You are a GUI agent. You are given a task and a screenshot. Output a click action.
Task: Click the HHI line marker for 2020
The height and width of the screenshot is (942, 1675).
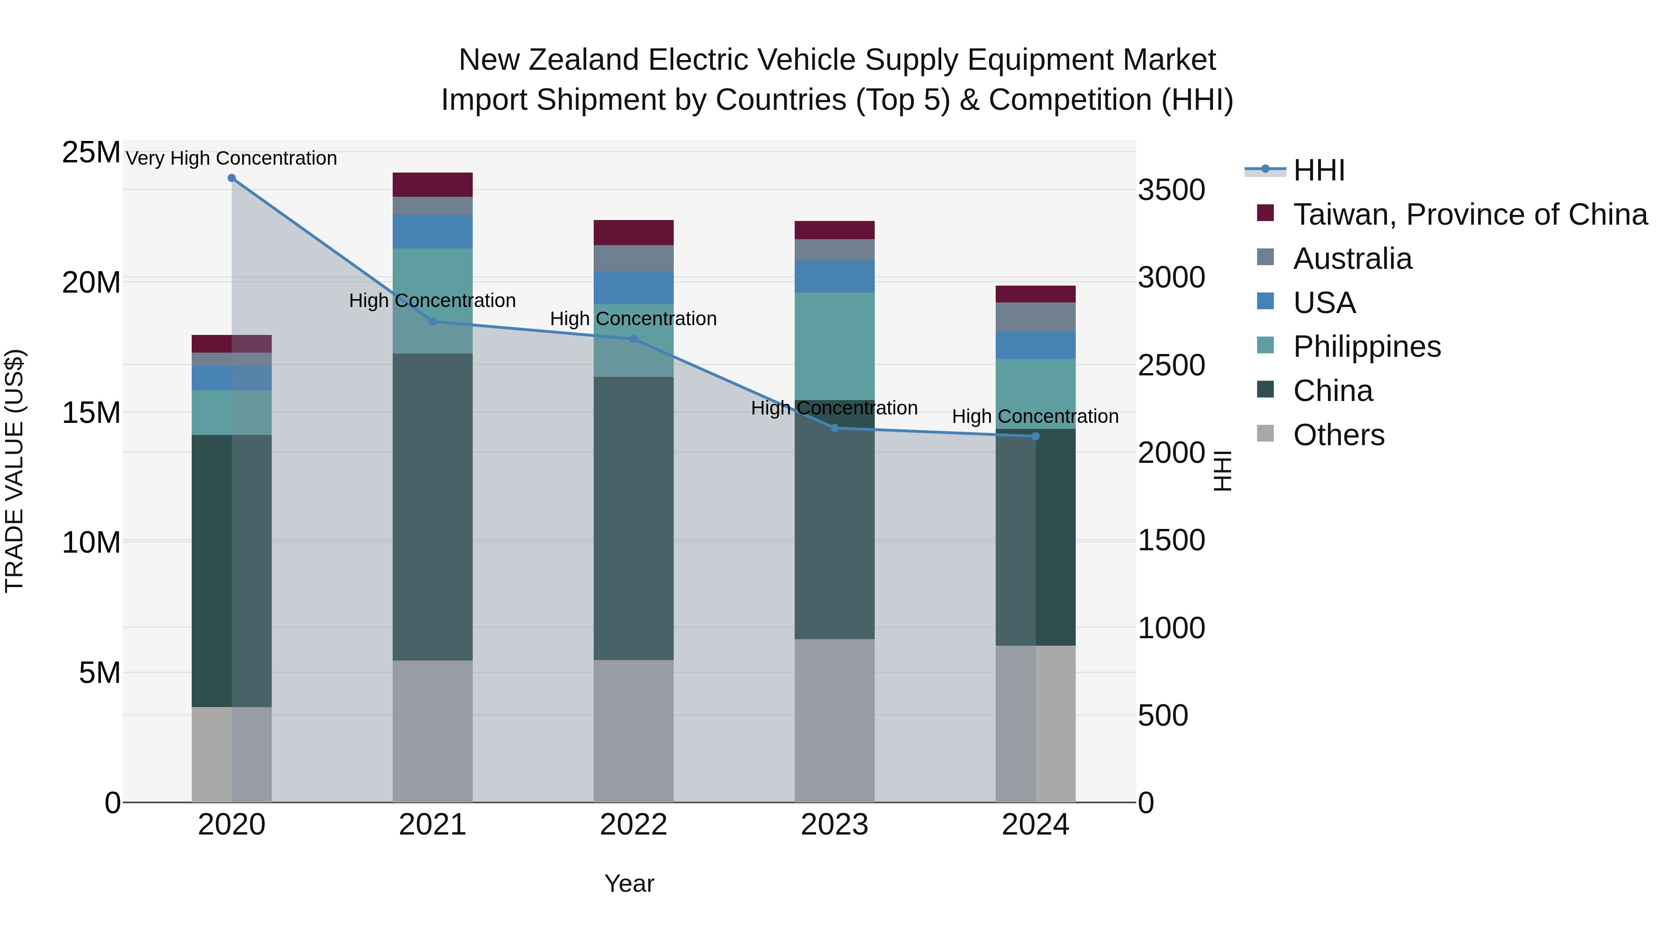coord(232,178)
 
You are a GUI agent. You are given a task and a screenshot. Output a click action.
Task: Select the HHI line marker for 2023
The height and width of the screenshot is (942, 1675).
coord(835,428)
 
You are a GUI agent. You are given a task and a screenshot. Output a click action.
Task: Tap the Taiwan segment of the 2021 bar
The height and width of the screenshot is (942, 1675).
coord(432,185)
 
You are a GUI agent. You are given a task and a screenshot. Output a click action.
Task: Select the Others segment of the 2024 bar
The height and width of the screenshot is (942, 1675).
coord(1035,723)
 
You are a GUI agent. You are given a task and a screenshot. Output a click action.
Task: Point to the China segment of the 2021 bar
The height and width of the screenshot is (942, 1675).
coord(432,507)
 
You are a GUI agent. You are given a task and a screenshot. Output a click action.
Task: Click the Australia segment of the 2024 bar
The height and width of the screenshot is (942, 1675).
coord(1035,317)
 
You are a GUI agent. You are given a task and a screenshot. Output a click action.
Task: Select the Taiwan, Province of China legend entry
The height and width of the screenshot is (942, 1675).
coord(1469,214)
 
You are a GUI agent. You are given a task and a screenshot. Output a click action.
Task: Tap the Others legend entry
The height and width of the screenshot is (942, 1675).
coord(1338,435)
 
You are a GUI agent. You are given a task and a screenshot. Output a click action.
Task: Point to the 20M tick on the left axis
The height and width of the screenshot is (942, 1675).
coord(91,283)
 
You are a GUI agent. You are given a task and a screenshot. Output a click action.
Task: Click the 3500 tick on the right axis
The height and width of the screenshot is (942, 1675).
coord(1171,190)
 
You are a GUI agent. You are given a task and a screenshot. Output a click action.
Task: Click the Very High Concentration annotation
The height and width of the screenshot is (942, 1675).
coord(232,158)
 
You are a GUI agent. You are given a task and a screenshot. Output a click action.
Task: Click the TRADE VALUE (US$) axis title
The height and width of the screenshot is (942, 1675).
coord(14,471)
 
